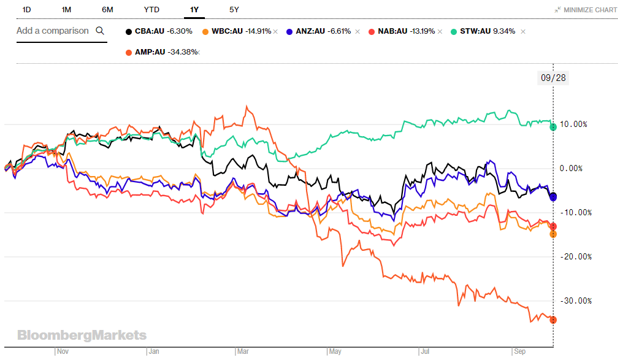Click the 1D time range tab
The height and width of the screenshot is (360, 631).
pyautogui.click(x=26, y=10)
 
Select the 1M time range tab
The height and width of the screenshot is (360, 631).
pyautogui.click(x=67, y=10)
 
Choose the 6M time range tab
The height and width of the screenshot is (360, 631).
pyautogui.click(x=107, y=10)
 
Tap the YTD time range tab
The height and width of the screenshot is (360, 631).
pyautogui.click(x=151, y=10)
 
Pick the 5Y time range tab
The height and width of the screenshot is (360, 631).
pyautogui.click(x=234, y=10)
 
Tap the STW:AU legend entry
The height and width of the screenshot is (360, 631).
pyautogui.click(x=484, y=31)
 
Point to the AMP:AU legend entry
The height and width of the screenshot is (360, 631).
pyautogui.click(x=161, y=52)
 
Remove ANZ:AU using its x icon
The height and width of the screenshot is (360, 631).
pyautogui.click(x=358, y=31)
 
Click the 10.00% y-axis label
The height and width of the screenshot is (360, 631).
pyautogui.click(x=573, y=124)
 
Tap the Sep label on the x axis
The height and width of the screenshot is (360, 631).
pyautogui.click(x=519, y=352)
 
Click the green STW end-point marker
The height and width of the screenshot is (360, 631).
pyautogui.click(x=553, y=127)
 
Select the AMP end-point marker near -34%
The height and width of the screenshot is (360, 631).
pyautogui.click(x=553, y=320)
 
